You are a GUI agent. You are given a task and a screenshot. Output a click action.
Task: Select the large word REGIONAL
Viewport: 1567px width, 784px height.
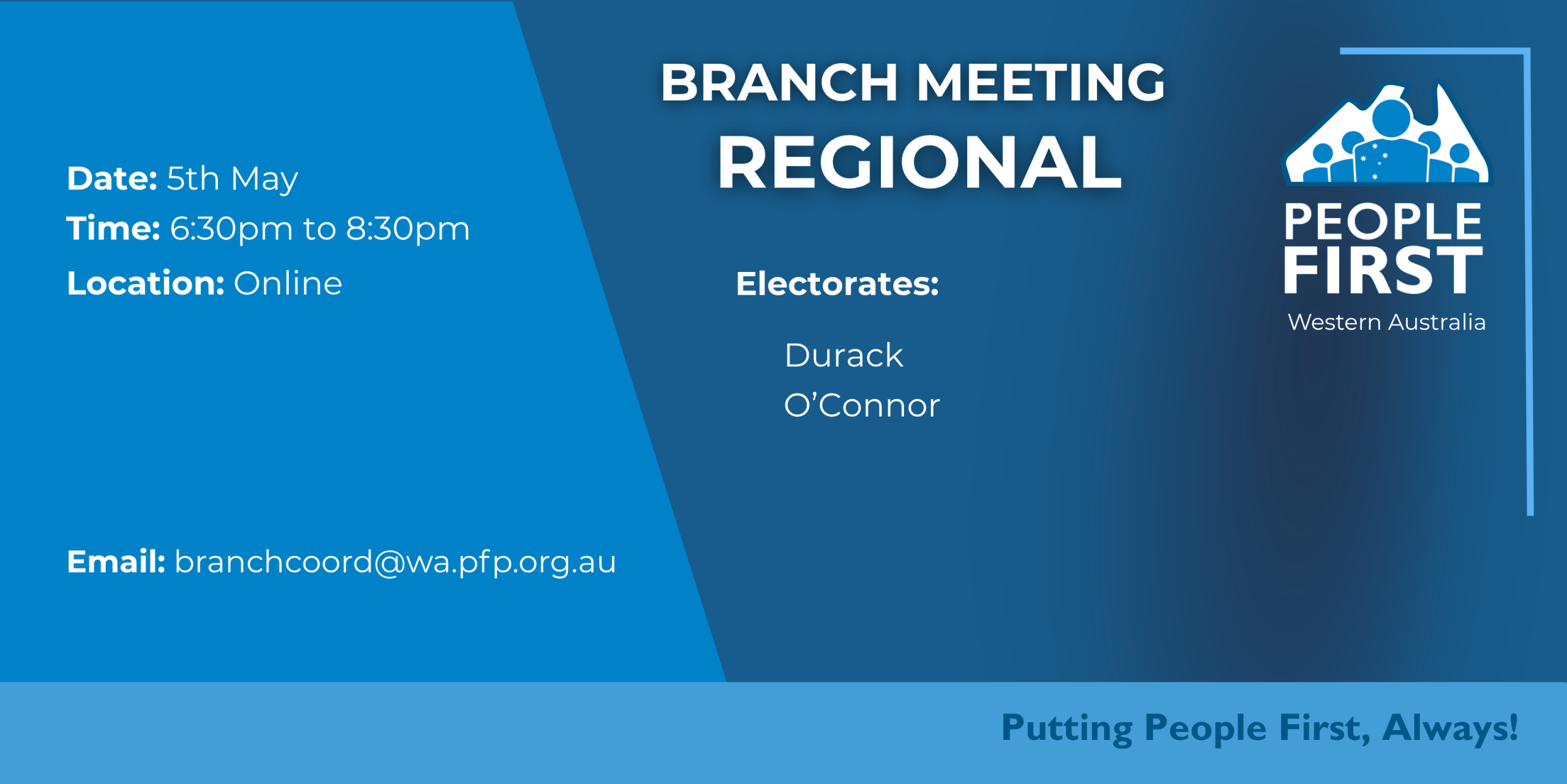[x=919, y=162]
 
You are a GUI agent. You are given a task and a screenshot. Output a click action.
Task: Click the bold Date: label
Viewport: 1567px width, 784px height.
[x=112, y=178]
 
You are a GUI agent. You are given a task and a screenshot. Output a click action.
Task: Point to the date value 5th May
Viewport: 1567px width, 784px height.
[x=233, y=179]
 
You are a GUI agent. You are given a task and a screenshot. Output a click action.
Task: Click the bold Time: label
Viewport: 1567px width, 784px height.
[x=113, y=228]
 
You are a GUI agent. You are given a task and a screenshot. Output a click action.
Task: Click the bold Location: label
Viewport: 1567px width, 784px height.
[x=146, y=284]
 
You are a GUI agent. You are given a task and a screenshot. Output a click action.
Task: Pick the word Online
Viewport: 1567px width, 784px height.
[x=288, y=284]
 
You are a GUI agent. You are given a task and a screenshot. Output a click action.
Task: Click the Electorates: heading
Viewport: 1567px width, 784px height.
[x=837, y=284]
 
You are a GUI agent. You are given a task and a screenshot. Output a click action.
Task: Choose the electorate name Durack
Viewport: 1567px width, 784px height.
[x=844, y=355]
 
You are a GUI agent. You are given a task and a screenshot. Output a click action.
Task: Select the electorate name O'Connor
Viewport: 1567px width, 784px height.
[x=862, y=405]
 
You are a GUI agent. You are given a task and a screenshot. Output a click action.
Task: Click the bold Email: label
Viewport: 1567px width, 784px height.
[x=116, y=562]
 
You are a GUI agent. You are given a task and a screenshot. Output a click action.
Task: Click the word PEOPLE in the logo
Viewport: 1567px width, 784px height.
[x=1383, y=222]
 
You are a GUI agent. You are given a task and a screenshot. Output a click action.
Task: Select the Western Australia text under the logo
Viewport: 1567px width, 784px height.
[x=1387, y=322]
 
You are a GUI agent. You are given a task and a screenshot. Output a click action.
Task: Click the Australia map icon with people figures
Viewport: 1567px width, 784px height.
[x=1387, y=134]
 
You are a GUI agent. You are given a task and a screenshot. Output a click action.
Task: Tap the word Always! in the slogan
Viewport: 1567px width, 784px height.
[x=1451, y=728]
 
